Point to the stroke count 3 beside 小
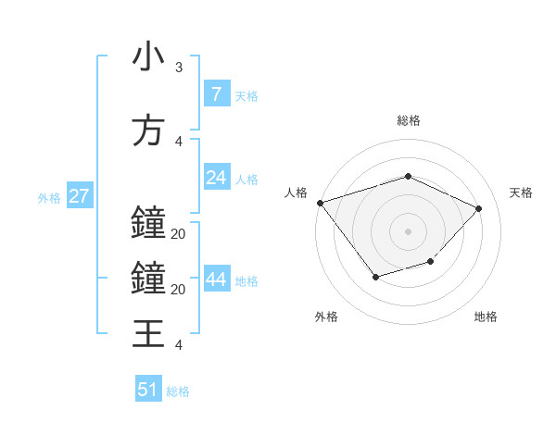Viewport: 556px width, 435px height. pos(178,68)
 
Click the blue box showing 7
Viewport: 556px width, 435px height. pos(216,93)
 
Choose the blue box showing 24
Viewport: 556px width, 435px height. pos(216,178)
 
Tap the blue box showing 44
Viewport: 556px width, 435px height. pos(216,280)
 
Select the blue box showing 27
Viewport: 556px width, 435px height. pos(79,196)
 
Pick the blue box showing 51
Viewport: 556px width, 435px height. pos(148,390)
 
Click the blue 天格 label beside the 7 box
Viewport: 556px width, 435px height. pos(246,95)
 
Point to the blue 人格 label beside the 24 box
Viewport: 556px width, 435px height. pos(246,180)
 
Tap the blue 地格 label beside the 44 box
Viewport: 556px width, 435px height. pos(246,281)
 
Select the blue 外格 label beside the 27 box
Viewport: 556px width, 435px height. pos(49,198)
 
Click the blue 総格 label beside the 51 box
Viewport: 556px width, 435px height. pos(178,391)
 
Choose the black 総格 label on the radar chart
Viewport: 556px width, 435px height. pos(408,120)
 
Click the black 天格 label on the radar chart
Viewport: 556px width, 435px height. pos(521,193)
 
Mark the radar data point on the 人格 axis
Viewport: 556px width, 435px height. pos(320,203)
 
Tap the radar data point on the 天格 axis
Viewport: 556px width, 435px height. pos(478,208)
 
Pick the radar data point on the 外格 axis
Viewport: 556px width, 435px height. pos(375,276)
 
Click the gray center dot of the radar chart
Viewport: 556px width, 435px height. pos(408,231)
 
